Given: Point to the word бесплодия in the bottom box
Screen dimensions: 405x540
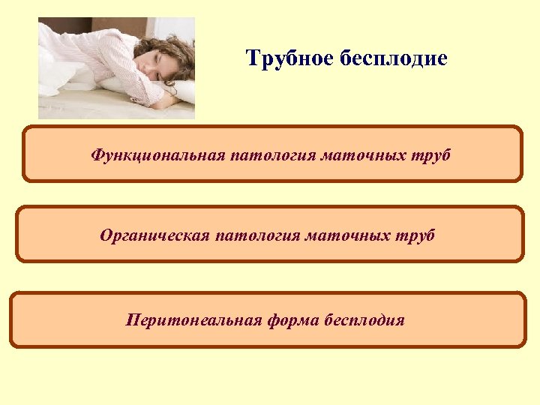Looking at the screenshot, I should (364, 321).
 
